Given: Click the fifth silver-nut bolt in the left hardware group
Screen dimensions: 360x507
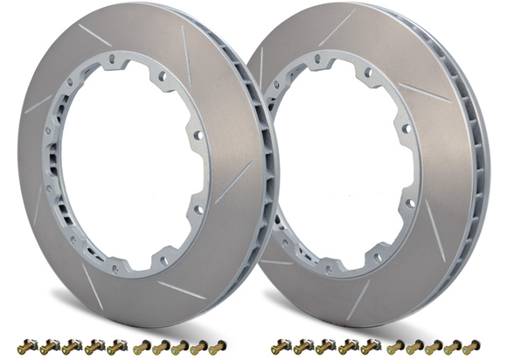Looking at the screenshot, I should (x=116, y=347).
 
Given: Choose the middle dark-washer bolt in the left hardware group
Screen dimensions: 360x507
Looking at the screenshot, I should (x=181, y=347).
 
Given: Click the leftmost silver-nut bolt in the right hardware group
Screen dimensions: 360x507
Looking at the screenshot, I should (x=282, y=347).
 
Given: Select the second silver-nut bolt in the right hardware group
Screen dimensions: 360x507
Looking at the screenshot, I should (x=304, y=347).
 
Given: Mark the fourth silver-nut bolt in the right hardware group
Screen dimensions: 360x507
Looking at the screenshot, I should (x=349, y=347).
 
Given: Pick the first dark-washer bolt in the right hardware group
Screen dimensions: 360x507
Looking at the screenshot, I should (x=395, y=347).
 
